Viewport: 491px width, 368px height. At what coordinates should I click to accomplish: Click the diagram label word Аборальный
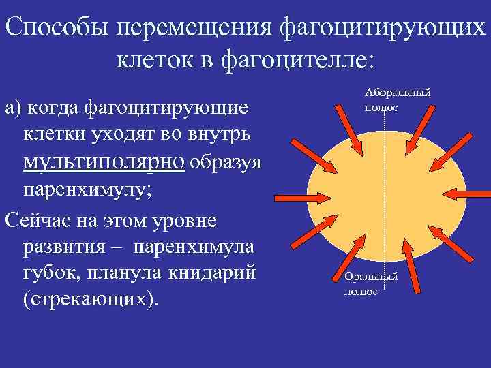(398, 92)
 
